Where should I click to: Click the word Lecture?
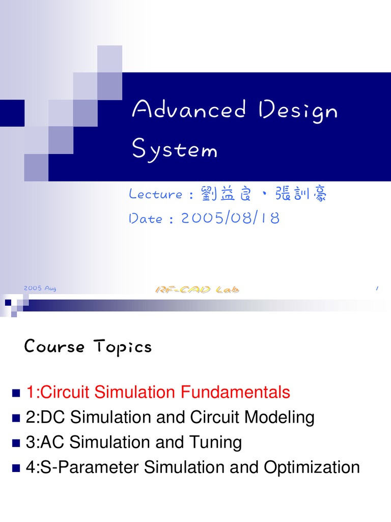coord(156,194)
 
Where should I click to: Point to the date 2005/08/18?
coord(230,218)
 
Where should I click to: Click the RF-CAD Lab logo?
coord(197,290)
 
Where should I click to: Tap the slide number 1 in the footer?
coord(377,289)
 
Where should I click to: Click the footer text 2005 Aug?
coord(40,289)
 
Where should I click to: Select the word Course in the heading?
coord(54,347)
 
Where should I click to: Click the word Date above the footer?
coord(146,219)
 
